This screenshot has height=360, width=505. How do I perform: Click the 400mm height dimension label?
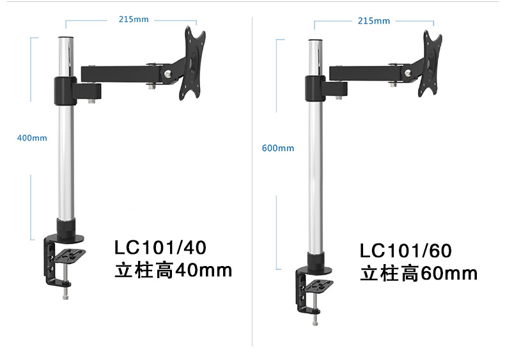click(32, 137)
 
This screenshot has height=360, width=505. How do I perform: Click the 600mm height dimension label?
click(278, 148)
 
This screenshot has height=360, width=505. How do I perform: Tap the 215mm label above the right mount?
click(374, 21)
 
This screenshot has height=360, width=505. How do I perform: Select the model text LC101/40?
click(160, 247)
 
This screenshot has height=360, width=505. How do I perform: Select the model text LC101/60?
click(407, 250)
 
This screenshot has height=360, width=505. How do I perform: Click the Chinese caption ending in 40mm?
click(173, 270)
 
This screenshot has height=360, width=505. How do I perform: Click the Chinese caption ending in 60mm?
click(419, 274)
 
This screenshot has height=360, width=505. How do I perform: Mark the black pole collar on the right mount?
click(314, 87)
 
